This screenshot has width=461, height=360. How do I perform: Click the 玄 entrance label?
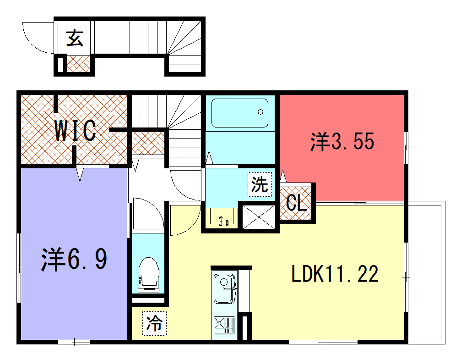coord(75,39)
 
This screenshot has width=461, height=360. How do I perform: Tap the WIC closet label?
coord(76,129)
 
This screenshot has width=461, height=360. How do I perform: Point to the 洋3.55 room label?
coord(342,142)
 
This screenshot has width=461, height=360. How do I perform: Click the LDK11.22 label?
coord(334,273)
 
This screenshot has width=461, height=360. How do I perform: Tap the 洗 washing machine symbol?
coord(260,185)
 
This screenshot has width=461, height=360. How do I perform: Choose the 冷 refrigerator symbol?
coord(155,322)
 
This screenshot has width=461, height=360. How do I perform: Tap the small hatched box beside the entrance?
coord(77,63)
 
